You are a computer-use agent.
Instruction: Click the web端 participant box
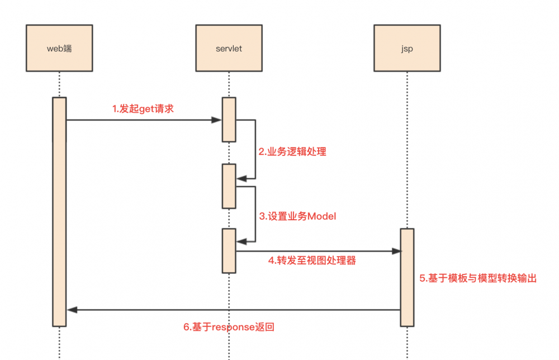point(59,48)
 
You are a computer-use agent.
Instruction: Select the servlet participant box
point(229,48)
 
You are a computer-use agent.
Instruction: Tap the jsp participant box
point(407,48)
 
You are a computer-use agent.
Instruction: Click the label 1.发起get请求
point(143,108)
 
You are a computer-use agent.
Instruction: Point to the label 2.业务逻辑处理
point(292,151)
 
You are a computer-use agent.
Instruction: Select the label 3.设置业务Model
point(297,216)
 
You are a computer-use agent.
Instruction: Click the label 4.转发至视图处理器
point(312,260)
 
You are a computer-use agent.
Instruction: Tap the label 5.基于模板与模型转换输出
point(477,278)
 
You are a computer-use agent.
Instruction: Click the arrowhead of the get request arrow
point(217,120)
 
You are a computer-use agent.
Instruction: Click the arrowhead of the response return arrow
point(72,310)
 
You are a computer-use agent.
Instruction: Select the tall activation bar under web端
point(59,212)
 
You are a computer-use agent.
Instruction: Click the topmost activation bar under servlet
point(229,120)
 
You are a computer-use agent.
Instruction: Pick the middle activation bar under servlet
point(229,186)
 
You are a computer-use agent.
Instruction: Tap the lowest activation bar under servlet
point(229,250)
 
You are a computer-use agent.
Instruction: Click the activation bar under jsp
point(407,277)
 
